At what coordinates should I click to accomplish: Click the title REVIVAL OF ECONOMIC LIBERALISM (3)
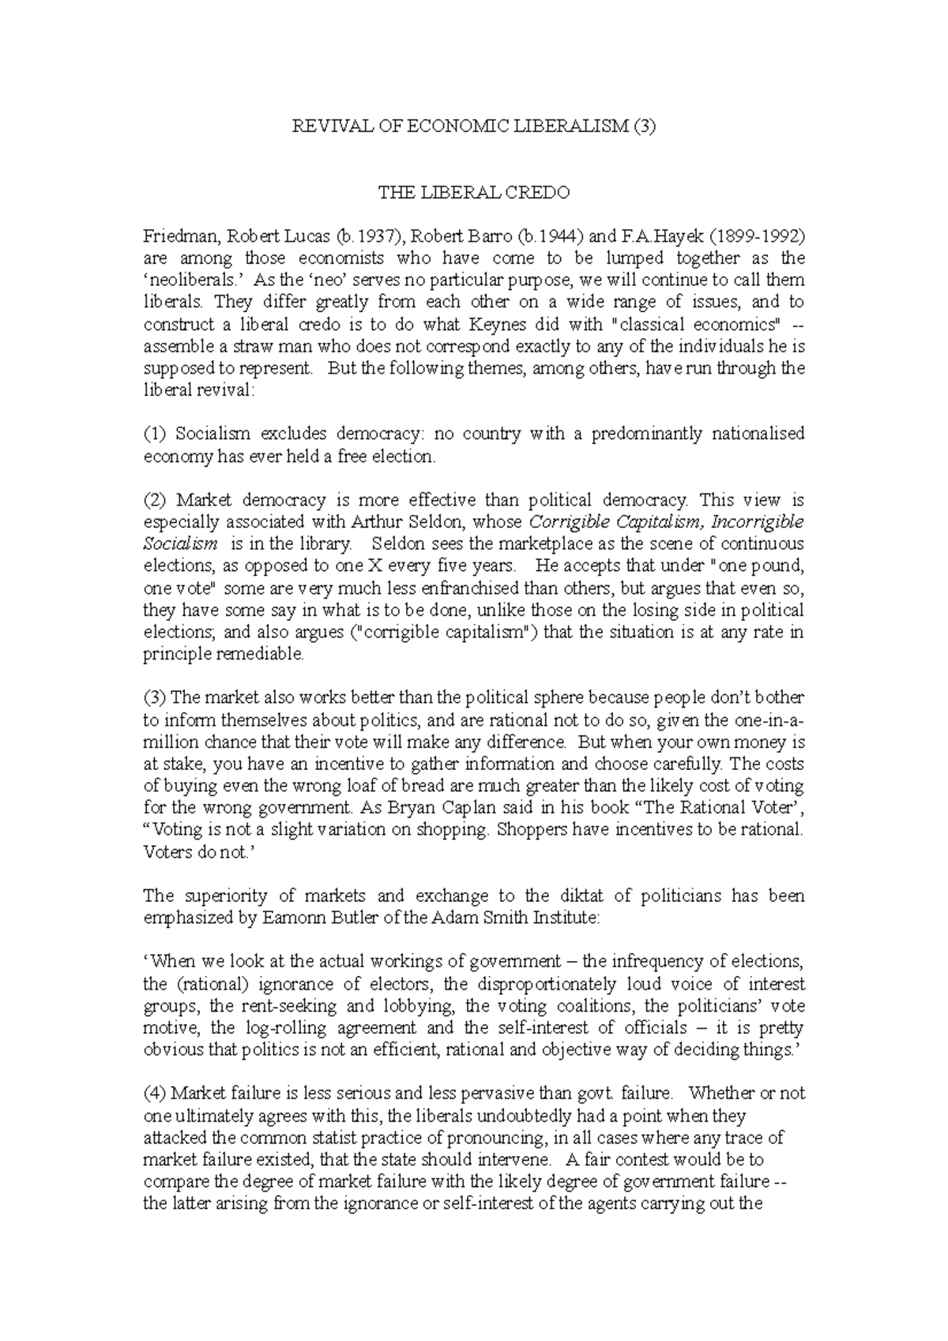pos(474,126)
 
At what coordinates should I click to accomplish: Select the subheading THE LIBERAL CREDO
pos(474,193)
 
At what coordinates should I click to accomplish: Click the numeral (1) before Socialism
pos(156,434)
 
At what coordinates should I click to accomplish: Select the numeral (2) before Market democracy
pos(156,500)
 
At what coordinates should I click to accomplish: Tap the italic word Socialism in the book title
pos(179,544)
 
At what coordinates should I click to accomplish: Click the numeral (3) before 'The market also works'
pos(156,698)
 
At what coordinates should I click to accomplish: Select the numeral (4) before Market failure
pos(156,1094)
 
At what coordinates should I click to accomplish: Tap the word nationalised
pos(758,434)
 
